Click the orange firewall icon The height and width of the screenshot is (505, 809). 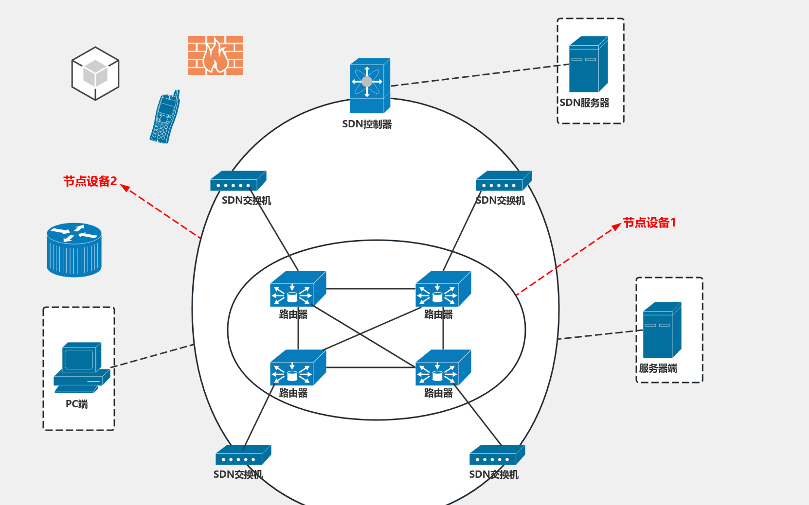click(x=216, y=55)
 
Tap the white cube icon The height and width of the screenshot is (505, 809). click(x=95, y=73)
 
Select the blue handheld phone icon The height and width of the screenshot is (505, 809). click(x=165, y=117)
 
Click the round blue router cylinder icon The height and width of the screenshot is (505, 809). click(x=74, y=250)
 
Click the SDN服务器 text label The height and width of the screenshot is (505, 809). click(x=584, y=103)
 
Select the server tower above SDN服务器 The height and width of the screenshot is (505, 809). click(x=588, y=64)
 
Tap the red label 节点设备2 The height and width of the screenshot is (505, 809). click(x=90, y=181)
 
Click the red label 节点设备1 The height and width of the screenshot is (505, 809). click(x=649, y=223)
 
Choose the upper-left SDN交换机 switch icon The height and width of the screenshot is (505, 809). click(x=238, y=181)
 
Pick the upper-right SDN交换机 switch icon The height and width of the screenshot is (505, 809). click(x=503, y=181)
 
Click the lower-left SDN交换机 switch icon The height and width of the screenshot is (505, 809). click(x=243, y=455)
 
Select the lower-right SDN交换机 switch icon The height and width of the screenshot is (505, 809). click(x=497, y=455)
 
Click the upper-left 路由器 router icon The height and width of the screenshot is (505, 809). click(x=297, y=289)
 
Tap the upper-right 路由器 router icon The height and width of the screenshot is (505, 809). click(x=443, y=289)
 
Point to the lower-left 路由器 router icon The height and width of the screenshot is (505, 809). click(x=297, y=368)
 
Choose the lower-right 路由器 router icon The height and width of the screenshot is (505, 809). click(x=443, y=368)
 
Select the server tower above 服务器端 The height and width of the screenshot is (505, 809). click(x=662, y=330)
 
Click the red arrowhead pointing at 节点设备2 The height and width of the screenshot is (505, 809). click(x=126, y=188)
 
